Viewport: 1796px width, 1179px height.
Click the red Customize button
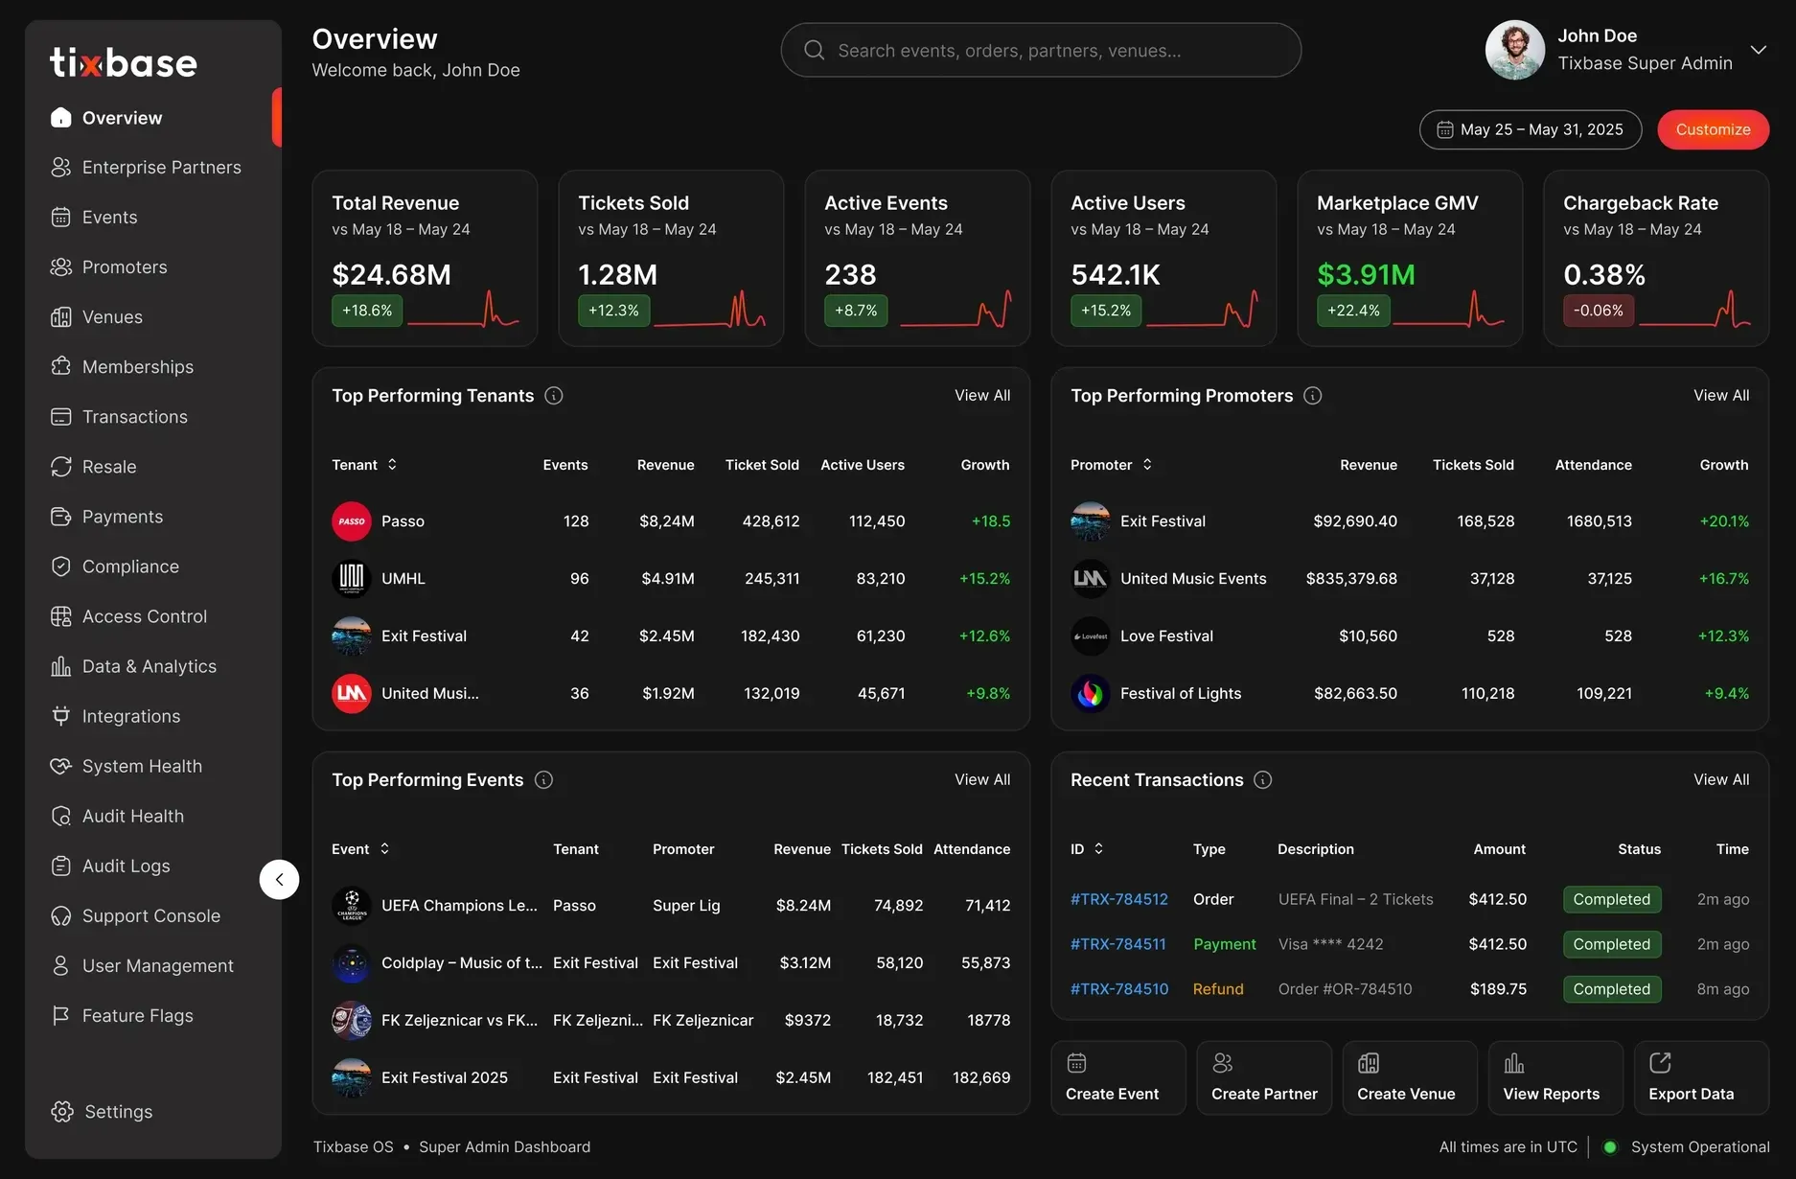click(1713, 129)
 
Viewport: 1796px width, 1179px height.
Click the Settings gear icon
click(62, 1111)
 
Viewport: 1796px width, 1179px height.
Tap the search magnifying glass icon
click(814, 50)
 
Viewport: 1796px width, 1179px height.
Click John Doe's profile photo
click(1514, 50)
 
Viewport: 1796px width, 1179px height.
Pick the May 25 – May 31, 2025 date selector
click(1530, 129)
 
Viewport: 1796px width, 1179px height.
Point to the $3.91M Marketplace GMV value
click(1366, 275)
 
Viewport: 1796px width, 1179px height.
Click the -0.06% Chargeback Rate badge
click(1598, 311)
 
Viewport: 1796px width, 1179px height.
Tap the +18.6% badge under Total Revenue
click(367, 311)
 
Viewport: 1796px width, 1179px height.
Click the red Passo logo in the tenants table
click(352, 521)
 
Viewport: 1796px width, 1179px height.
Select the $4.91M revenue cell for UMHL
click(668, 579)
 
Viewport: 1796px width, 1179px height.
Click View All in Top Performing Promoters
click(1720, 395)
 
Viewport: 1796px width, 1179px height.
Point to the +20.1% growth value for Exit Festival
click(1724, 521)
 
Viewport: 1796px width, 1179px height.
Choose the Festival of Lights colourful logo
click(1091, 694)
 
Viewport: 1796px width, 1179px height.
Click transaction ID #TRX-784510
click(1119, 989)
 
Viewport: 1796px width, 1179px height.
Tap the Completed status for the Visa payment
click(1611, 944)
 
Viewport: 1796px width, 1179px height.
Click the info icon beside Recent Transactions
click(1263, 780)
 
